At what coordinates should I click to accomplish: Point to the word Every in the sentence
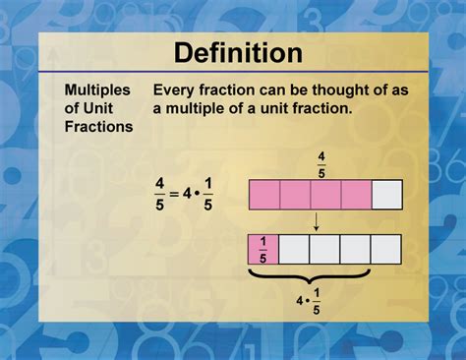[x=176, y=90]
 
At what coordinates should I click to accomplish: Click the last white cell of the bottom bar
[x=386, y=250]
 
